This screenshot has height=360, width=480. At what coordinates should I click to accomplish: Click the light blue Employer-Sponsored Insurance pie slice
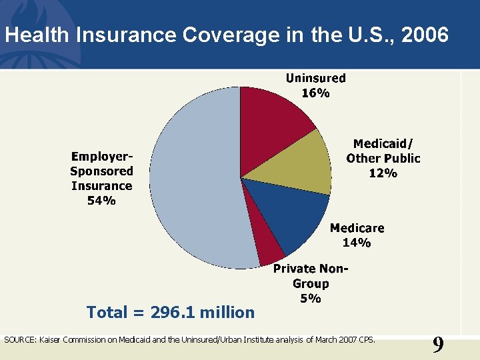(193, 180)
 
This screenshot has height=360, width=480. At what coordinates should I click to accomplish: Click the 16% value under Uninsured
(315, 93)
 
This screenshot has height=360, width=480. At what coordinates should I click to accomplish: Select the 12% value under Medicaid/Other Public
(383, 173)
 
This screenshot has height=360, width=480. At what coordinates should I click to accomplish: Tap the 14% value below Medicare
(357, 243)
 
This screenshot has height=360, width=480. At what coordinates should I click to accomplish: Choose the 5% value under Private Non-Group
(311, 299)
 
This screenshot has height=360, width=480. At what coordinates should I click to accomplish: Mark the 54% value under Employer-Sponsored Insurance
(101, 201)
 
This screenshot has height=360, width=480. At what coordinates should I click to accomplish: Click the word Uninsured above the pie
(315, 78)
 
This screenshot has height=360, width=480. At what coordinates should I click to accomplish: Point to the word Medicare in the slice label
(357, 228)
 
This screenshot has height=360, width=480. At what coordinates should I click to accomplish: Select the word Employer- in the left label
(101, 156)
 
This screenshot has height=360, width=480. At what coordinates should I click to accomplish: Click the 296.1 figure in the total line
(173, 312)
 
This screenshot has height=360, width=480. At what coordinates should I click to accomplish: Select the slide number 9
(437, 345)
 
